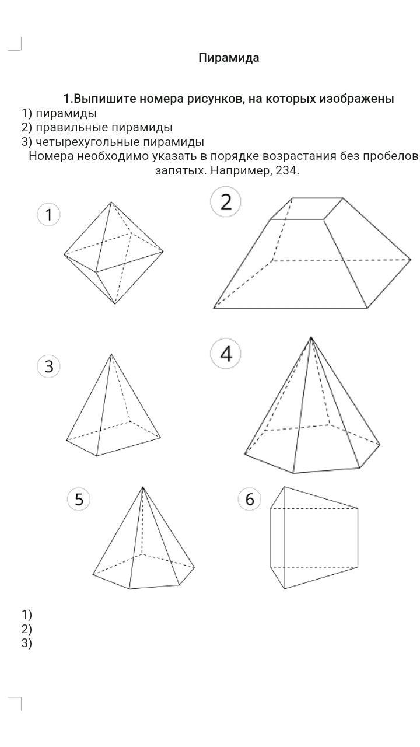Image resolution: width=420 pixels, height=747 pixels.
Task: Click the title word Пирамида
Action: click(x=229, y=58)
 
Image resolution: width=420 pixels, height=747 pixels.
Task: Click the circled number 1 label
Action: click(x=48, y=215)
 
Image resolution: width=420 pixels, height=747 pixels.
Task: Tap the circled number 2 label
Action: click(x=226, y=202)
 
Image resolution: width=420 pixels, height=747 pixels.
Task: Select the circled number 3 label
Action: click(x=48, y=366)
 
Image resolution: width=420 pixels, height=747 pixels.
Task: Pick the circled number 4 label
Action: click(x=226, y=354)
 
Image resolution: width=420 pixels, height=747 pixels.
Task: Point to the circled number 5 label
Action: click(x=79, y=499)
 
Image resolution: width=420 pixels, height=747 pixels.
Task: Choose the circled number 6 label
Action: click(x=250, y=499)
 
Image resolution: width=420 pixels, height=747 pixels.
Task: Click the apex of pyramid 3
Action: click(x=111, y=354)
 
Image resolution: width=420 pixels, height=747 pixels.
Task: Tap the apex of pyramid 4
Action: click(x=311, y=337)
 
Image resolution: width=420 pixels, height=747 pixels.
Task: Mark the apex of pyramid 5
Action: click(x=143, y=487)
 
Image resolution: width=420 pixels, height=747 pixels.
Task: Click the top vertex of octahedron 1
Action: click(x=111, y=202)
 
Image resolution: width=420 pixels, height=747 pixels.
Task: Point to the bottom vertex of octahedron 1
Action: click(x=116, y=304)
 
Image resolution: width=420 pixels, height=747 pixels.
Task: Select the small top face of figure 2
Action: click(x=307, y=209)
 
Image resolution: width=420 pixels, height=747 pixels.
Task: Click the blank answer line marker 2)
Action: click(x=27, y=629)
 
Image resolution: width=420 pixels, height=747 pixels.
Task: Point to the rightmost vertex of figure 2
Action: click(x=411, y=260)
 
